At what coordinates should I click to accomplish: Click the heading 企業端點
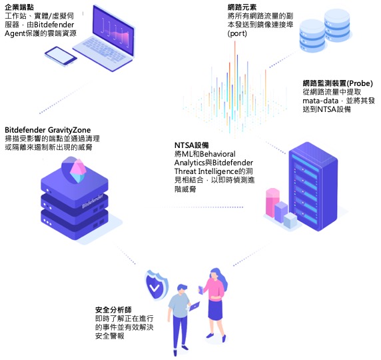19,7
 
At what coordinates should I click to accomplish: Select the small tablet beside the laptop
61,56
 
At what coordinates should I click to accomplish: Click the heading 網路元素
242,7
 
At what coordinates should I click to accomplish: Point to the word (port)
237,33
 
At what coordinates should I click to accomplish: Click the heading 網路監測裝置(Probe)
338,83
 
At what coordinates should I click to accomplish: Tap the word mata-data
320,101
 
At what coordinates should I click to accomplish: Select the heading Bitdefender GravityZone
48,130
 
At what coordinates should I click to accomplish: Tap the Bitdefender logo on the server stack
93,201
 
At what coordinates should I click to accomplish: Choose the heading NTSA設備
191,145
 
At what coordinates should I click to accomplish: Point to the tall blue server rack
314,187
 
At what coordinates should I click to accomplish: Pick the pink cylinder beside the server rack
272,202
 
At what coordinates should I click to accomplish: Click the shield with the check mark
156,285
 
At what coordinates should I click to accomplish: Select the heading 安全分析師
113,310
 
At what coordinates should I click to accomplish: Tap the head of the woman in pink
214,274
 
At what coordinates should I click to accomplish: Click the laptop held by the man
194,306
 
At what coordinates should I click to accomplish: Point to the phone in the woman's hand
201,290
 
